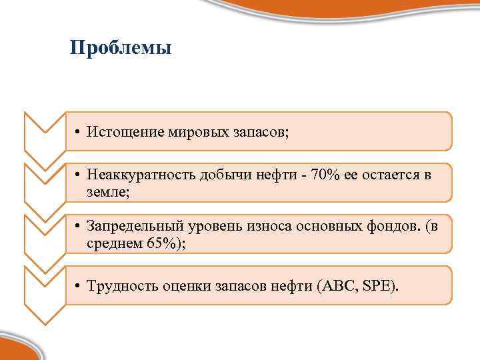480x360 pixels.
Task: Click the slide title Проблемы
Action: [x=121, y=49]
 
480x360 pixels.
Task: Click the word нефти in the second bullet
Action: [x=281, y=175]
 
